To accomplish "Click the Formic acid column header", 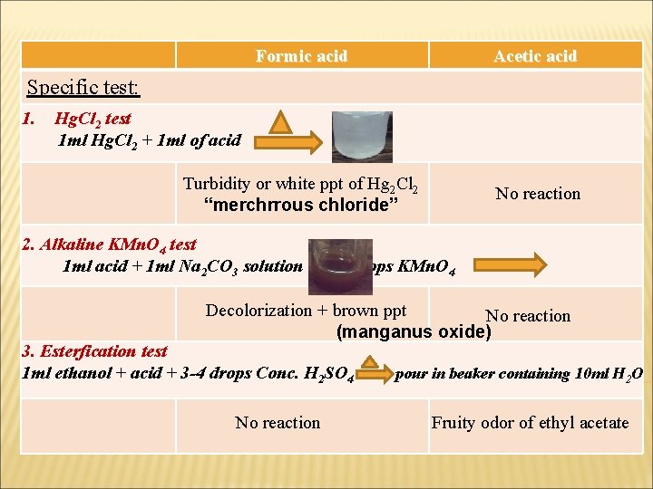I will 301,56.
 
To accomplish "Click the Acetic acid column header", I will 535,56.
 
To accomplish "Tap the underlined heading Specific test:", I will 83,88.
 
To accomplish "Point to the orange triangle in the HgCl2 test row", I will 284,125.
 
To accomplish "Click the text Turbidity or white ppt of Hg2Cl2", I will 300,185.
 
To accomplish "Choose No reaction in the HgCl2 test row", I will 538,194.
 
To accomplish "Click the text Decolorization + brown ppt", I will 306,311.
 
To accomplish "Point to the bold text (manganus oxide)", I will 414,331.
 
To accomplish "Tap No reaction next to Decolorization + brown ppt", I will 528,316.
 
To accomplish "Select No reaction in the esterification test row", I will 278,423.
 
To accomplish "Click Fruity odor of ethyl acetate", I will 530,423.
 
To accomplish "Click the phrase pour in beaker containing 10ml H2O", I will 519,373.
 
